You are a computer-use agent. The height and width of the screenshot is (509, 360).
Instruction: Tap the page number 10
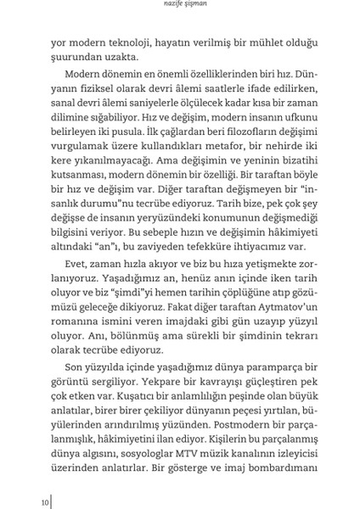coord(45,501)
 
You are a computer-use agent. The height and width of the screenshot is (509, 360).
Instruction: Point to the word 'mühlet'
coord(261,41)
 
